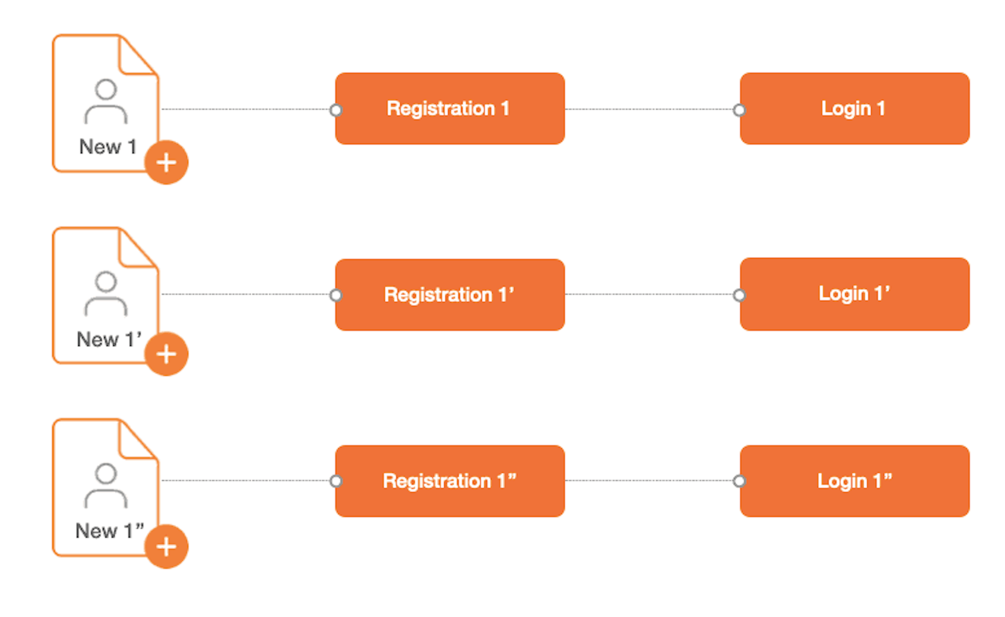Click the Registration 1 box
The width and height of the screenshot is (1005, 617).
450,109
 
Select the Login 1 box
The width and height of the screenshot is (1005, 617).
855,109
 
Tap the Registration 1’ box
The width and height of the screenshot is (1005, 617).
450,294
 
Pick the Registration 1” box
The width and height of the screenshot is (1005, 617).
450,481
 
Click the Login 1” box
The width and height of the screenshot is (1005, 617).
855,481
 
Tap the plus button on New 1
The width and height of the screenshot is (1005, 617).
166,162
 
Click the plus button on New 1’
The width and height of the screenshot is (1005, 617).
166,354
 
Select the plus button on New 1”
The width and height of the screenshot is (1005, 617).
166,546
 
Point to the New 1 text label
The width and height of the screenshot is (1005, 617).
108,147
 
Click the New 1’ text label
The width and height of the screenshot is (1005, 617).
109,339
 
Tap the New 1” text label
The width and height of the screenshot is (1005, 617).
110,531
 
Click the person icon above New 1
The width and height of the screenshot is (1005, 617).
106,101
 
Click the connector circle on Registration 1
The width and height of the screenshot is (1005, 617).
336,110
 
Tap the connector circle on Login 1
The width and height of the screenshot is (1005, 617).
739,110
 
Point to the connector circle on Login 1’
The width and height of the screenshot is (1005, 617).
739,295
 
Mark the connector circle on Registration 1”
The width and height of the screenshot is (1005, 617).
336,481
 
